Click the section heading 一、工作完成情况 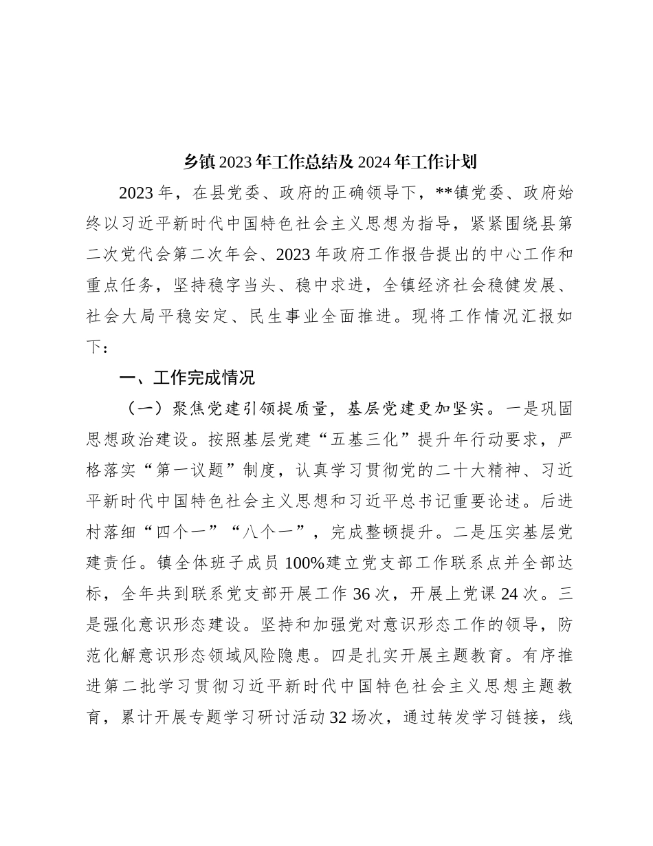187,378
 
